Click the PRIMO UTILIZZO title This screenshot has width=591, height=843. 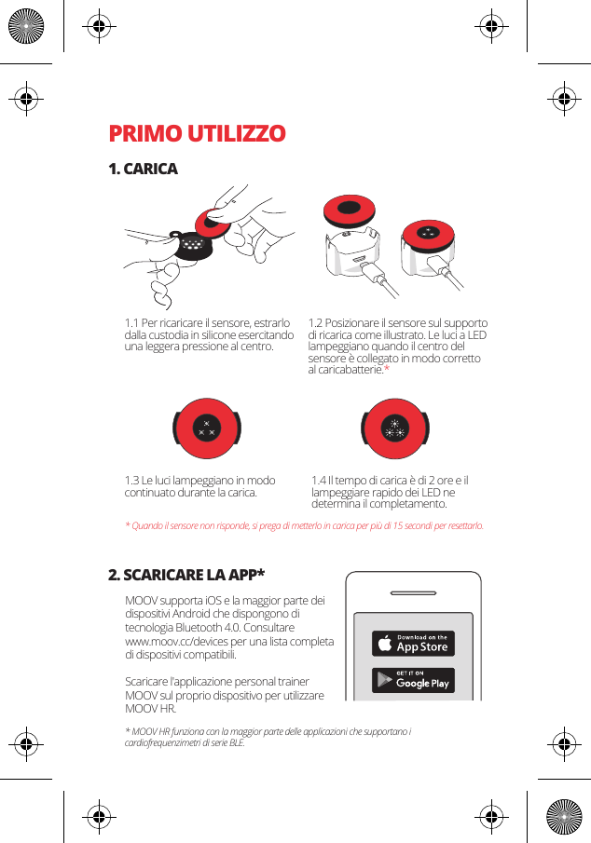coord(197,133)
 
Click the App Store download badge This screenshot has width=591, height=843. coord(413,644)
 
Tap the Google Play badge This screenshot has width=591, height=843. coord(413,680)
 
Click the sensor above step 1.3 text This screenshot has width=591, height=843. coord(206,429)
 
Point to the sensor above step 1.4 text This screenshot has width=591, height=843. coord(395,429)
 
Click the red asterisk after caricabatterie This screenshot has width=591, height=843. coord(387,371)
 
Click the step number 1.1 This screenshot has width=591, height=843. coord(132,323)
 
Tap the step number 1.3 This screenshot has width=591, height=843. coord(132,481)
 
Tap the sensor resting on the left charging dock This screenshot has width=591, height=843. coord(350,209)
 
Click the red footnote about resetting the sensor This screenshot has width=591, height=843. coord(304,526)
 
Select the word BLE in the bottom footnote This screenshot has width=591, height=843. coord(234,743)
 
